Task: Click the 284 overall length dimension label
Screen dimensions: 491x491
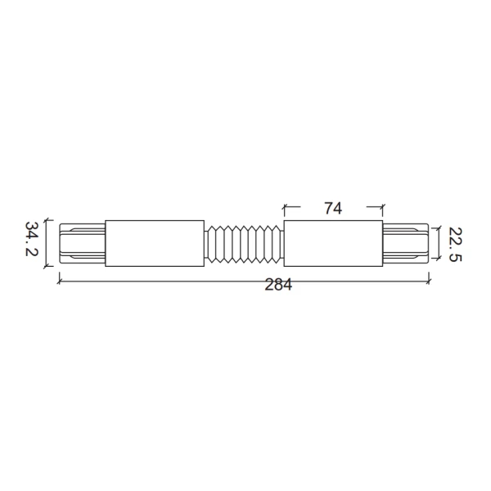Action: [278, 285]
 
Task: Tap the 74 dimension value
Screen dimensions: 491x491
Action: [333, 208]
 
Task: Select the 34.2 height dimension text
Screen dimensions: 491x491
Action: [31, 239]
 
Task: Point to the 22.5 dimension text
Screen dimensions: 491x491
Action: [455, 244]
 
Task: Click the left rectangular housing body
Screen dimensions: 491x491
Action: [155, 243]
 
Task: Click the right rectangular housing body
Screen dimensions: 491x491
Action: [333, 243]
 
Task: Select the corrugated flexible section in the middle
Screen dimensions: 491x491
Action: [244, 244]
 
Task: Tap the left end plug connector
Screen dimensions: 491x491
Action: [83, 243]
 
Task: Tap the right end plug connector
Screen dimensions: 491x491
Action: [406, 243]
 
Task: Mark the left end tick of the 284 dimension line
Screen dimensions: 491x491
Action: [59, 282]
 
